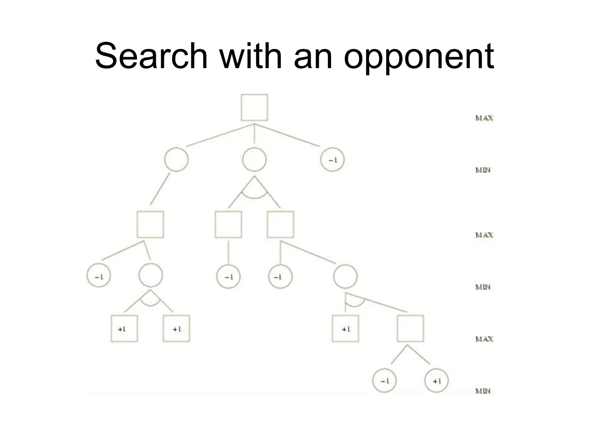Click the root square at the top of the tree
tap(254, 107)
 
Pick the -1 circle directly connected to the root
tap(332, 160)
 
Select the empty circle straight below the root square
tap(254, 159)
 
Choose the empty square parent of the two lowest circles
tap(410, 329)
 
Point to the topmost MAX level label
tap(484, 118)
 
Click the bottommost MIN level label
tap(483, 391)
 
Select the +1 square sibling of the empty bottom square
tap(345, 329)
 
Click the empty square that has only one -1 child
tap(228, 224)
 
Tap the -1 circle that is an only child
tap(228, 277)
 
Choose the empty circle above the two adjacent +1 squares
tap(150, 275)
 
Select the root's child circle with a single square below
tap(176, 159)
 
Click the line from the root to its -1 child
tap(287, 135)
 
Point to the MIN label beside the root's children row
tap(483, 170)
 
